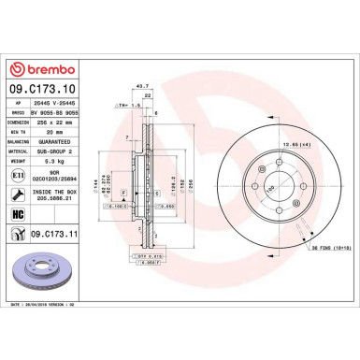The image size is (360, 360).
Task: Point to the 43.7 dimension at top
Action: [x=142, y=86]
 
